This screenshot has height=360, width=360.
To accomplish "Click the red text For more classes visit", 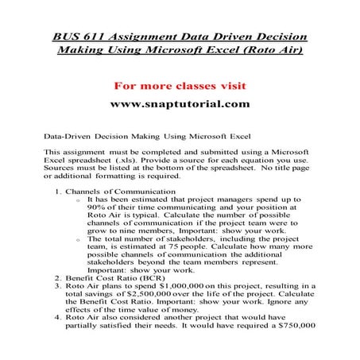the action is pyautogui.click(x=180, y=84).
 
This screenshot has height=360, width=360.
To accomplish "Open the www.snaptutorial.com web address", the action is pyautogui.click(x=180, y=103).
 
